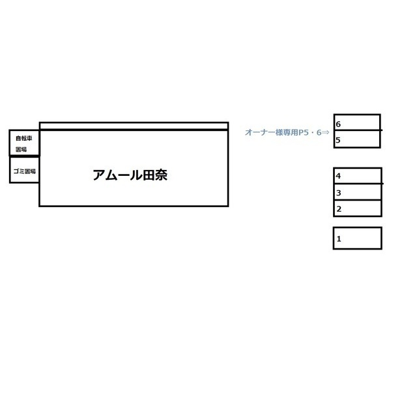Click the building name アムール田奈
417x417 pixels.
pyautogui.click(x=130, y=175)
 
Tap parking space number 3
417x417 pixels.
pyautogui.click(x=358, y=192)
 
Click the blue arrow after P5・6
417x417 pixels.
pyautogui.click(x=326, y=132)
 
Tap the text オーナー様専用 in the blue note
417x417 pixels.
pyautogui.click(x=271, y=132)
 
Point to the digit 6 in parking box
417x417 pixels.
pyautogui.click(x=338, y=124)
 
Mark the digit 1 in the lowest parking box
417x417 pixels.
pyautogui.click(x=339, y=239)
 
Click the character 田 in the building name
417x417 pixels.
pyautogui.click(x=149, y=175)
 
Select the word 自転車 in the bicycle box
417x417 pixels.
pyautogui.click(x=24, y=138)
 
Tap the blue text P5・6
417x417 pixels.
pyautogui.click(x=310, y=132)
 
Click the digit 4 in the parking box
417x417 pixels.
pyautogui.click(x=338, y=176)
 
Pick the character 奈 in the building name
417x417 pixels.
pyautogui.click(x=162, y=175)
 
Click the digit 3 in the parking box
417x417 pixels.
pyautogui.click(x=338, y=193)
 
